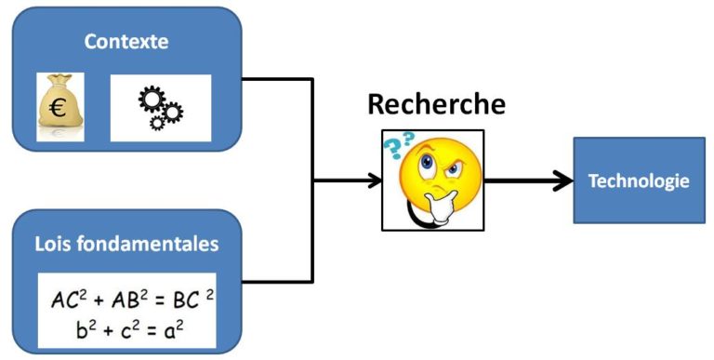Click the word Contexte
click(x=125, y=41)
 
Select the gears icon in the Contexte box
click(x=160, y=109)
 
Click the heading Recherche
click(x=436, y=103)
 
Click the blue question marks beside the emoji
click(x=401, y=147)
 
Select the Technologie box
click(x=639, y=180)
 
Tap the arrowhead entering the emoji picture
click(x=374, y=180)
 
